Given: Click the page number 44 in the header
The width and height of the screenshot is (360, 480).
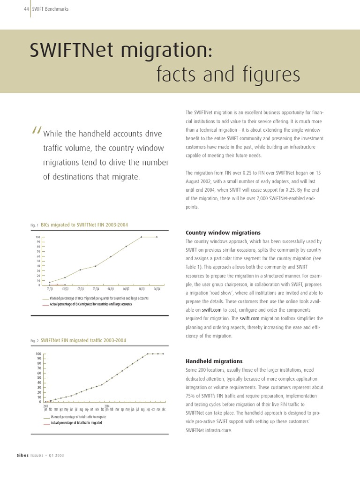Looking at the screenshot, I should click(x=26, y=9).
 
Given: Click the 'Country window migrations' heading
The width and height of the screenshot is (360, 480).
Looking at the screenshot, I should click(x=223, y=232).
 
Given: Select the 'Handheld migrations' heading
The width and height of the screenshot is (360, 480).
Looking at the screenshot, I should click(x=214, y=361).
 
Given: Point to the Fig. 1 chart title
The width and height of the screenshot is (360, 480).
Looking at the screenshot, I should click(x=84, y=225).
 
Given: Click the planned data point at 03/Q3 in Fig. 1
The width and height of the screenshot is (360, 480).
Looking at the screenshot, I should click(x=80, y=270).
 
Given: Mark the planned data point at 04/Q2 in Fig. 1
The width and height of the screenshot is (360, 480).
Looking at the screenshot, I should click(x=126, y=247).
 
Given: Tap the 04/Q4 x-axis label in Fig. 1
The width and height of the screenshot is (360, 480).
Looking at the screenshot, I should click(x=156, y=289).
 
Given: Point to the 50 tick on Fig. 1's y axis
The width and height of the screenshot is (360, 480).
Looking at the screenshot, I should click(x=38, y=261).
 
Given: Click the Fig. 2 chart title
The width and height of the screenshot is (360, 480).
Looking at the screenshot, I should click(x=83, y=340).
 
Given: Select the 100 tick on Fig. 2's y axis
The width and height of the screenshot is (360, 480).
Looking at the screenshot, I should click(x=38, y=353).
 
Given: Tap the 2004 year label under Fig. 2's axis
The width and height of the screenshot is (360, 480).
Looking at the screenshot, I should click(x=107, y=406).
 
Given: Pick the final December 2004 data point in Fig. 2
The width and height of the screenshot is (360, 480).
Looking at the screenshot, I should click(x=163, y=353).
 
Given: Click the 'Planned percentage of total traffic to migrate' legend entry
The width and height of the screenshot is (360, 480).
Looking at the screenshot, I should click(x=78, y=417).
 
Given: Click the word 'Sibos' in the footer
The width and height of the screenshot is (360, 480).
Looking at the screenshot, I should click(x=22, y=456).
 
